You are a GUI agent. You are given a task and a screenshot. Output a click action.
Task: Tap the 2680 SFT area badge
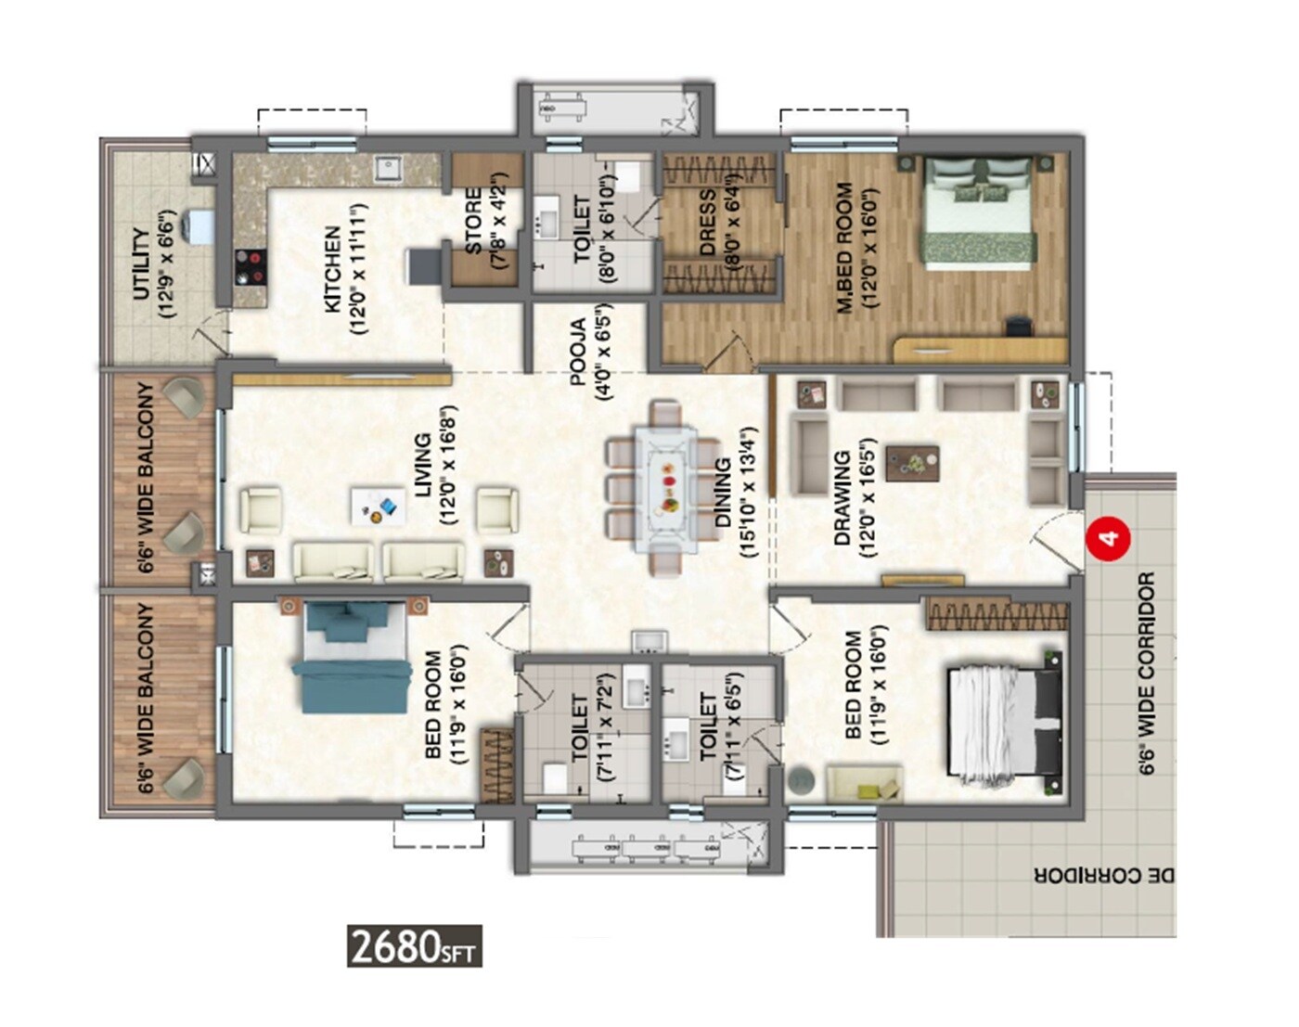414,946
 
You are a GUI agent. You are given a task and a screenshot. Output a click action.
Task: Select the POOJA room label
578,352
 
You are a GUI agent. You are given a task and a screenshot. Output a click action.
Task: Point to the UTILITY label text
141,263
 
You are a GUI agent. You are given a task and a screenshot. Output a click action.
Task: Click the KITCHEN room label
332,270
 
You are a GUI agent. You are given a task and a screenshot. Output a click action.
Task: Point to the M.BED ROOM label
844,247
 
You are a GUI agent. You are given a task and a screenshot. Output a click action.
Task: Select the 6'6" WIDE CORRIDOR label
1147,673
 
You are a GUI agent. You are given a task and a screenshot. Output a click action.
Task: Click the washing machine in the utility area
199,226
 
